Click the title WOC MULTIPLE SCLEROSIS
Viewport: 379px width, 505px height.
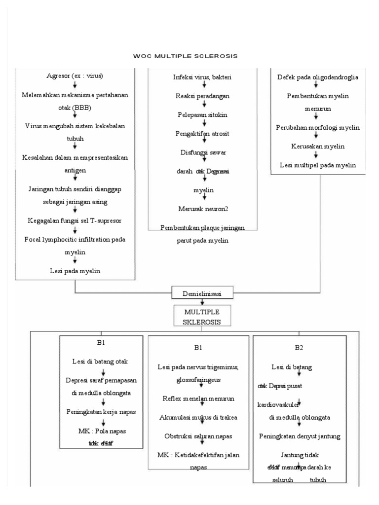coord(186,56)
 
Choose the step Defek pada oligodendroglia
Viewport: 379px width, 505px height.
coord(317,77)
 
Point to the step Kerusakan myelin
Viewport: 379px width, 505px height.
coord(317,146)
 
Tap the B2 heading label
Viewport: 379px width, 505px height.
coord(299,348)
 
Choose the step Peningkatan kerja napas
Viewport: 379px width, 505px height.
coord(101,411)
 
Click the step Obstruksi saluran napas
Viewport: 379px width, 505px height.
coord(198,435)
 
